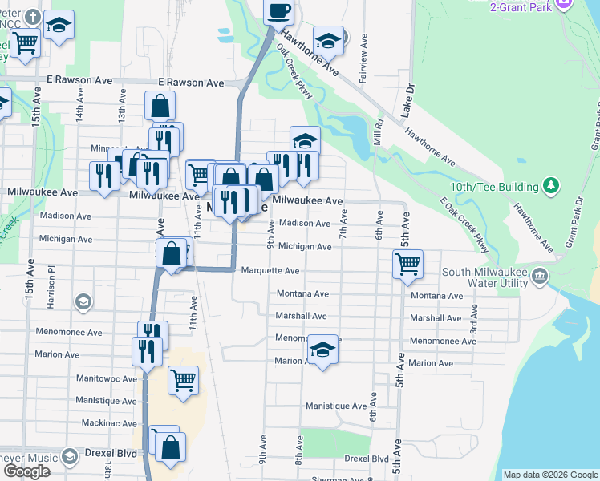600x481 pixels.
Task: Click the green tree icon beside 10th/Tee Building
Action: click(550, 186)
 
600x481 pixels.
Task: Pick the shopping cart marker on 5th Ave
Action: click(407, 263)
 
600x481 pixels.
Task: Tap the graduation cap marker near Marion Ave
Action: click(322, 350)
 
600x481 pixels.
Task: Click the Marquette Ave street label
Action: click(270, 270)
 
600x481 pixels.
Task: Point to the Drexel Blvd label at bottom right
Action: click(367, 459)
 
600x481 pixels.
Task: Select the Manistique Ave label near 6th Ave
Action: click(336, 406)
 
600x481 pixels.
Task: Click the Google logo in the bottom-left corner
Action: click(26, 471)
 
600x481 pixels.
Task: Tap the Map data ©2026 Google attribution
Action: click(550, 475)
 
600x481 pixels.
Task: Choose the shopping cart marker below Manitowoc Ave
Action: click(183, 378)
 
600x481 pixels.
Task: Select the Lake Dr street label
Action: click(408, 97)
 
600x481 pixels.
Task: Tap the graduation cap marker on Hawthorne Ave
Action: click(328, 39)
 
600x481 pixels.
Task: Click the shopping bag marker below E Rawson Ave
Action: click(160, 106)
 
